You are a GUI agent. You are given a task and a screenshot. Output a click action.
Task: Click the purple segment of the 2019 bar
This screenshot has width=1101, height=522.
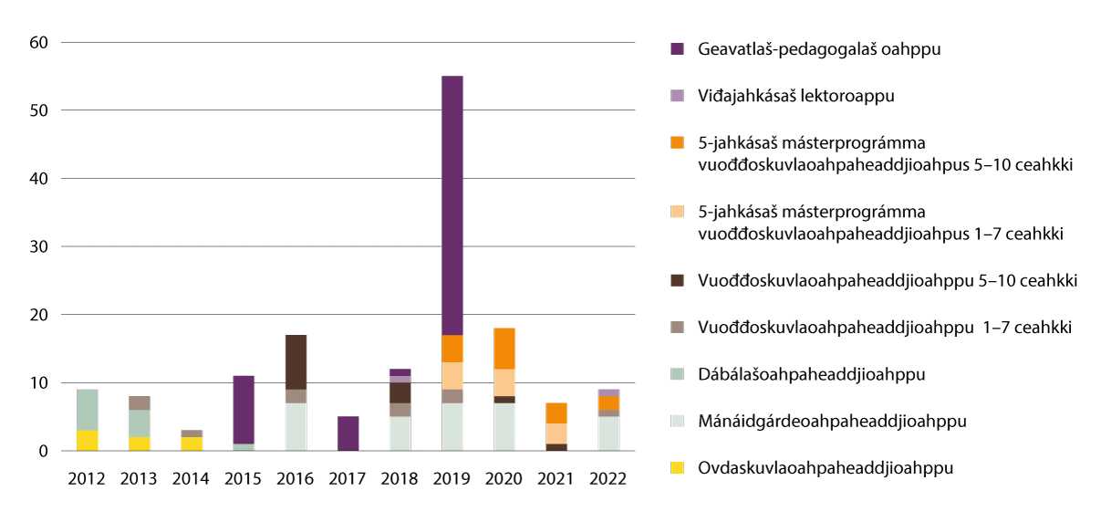tap(452, 205)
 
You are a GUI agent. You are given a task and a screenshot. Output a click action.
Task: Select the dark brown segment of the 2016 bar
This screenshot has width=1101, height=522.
tap(296, 362)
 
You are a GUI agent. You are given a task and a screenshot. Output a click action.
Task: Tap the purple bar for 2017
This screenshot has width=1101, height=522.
tap(348, 433)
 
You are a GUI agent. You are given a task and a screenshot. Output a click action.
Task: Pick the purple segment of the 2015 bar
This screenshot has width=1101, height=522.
tap(244, 410)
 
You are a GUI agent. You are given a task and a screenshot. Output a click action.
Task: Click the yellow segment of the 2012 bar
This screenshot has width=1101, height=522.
tap(87, 440)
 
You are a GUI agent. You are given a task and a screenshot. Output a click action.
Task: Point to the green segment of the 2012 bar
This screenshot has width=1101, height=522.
tap(87, 410)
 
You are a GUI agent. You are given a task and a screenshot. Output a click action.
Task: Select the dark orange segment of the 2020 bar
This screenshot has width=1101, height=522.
tap(504, 349)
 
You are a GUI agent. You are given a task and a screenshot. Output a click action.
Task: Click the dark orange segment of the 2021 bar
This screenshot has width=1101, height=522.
tap(556, 412)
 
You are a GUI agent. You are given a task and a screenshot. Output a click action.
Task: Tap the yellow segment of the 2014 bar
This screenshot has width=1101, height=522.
tap(192, 444)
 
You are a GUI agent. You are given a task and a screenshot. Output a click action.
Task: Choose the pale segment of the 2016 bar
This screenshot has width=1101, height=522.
tap(296, 427)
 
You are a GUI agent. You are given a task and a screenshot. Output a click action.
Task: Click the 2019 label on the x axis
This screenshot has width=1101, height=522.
tap(452, 479)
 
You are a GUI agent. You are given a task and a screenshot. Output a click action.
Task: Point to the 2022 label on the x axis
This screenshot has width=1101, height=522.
tap(608, 479)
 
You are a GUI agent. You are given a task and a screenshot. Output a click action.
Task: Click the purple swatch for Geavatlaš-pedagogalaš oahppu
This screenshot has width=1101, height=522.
tap(677, 48)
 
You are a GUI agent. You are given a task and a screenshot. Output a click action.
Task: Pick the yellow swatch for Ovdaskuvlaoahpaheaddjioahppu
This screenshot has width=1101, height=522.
tap(677, 468)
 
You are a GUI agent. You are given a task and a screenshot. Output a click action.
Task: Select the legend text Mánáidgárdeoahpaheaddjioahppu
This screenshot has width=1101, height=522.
tap(832, 421)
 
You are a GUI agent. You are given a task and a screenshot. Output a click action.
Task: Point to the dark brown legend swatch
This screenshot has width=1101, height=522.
tap(677, 281)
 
